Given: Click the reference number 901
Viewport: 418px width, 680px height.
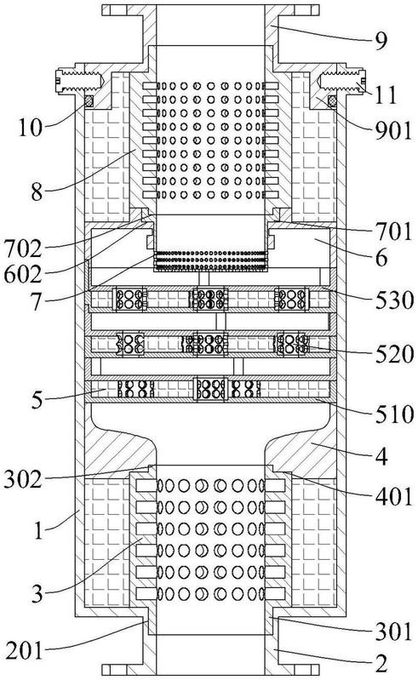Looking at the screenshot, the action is tap(393, 130).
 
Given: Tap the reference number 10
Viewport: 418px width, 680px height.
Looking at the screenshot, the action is tap(30, 128).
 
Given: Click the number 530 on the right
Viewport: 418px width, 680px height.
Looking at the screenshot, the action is tap(394, 300).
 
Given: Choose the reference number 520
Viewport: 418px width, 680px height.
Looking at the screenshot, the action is tap(394, 354).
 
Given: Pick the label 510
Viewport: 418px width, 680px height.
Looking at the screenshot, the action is tap(394, 414).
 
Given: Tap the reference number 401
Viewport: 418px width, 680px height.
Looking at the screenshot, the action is tap(393, 496).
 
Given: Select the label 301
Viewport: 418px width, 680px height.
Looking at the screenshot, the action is tap(393, 631).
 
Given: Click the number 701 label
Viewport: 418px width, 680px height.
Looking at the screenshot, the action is tap(393, 231).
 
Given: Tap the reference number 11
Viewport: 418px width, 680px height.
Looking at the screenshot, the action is tap(386, 94).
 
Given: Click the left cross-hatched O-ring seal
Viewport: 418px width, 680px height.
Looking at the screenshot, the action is tap(89, 101).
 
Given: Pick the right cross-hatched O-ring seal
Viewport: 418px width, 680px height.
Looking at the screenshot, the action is tap(333, 101).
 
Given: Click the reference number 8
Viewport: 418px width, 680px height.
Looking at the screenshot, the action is tap(37, 191).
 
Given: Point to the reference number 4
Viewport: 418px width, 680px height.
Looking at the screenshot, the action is tap(381, 456).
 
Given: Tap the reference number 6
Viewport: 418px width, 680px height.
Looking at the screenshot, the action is tap(381, 258).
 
